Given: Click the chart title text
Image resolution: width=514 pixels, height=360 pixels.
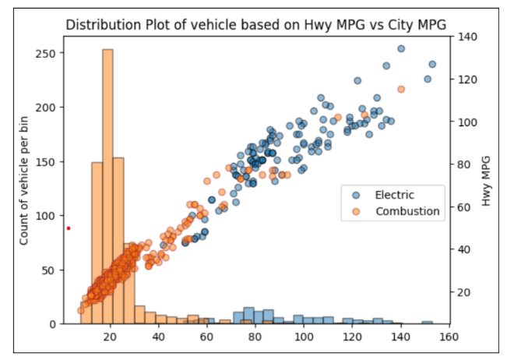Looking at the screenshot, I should (x=256, y=24).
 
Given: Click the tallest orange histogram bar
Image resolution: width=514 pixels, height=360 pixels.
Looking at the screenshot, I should (x=107, y=187).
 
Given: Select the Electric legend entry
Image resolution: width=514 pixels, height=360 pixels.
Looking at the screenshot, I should (x=394, y=194).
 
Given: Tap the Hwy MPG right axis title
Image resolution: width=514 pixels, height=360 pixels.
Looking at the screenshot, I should (x=487, y=180).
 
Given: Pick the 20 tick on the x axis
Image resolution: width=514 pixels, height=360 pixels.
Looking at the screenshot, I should (x=111, y=337).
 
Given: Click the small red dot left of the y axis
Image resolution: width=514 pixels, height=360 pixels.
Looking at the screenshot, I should (x=69, y=228).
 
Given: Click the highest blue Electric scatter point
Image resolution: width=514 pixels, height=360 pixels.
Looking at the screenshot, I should (x=401, y=48).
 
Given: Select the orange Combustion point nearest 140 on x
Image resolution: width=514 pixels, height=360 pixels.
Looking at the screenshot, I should (x=401, y=90).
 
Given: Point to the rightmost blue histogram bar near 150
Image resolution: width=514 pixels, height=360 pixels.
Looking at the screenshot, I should (x=427, y=322).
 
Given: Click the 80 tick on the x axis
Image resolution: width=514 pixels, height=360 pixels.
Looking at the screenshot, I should (x=255, y=337).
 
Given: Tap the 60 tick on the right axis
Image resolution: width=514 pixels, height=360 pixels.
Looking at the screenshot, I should (x=466, y=207).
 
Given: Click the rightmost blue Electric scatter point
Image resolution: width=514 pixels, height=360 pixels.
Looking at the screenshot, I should (x=432, y=65).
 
